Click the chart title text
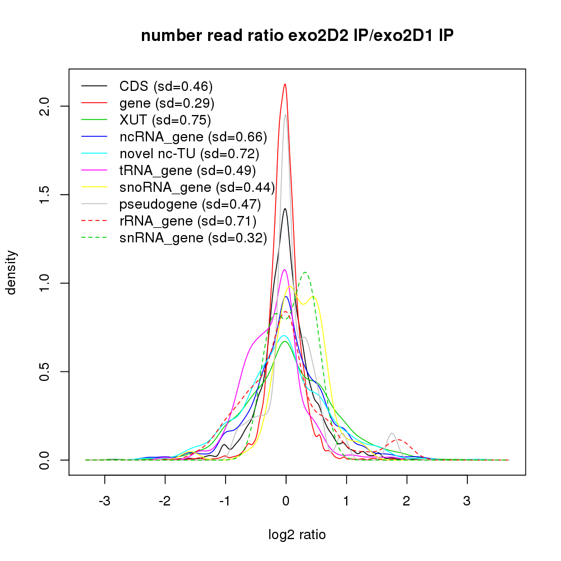(297, 36)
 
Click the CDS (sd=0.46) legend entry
(165, 86)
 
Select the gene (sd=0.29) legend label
(167, 103)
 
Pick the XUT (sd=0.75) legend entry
(165, 120)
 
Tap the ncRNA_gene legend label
(193, 137)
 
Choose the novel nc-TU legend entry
(189, 154)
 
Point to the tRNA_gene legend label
(187, 170)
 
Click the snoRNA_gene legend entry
(196, 187)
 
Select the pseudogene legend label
(190, 204)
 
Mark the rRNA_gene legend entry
(187, 220)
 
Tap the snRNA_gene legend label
(192, 238)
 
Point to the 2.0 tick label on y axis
(47, 106)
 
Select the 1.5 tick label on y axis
(47, 195)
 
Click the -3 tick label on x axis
(104, 500)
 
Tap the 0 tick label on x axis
(286, 500)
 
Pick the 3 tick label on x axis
(467, 500)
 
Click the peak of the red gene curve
(285, 85)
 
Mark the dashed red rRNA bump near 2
(399, 440)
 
